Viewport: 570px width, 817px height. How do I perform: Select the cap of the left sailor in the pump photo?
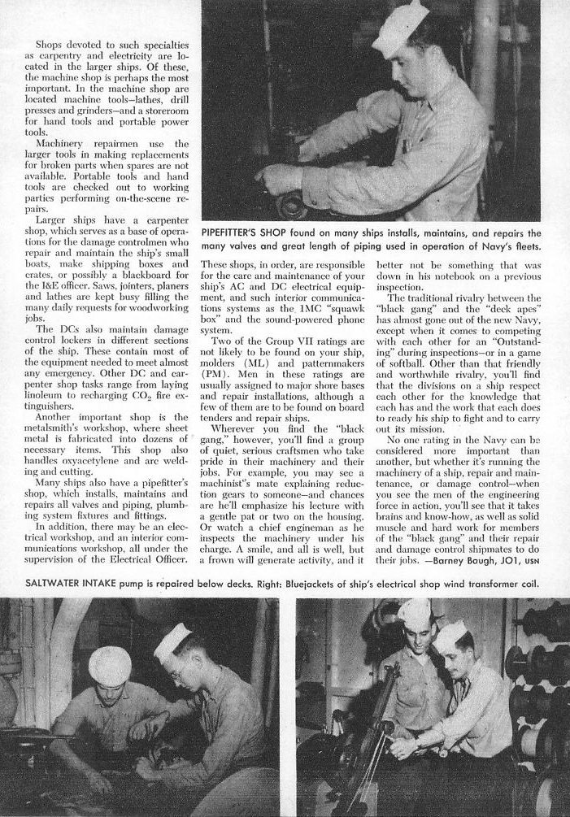pos(109,664)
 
